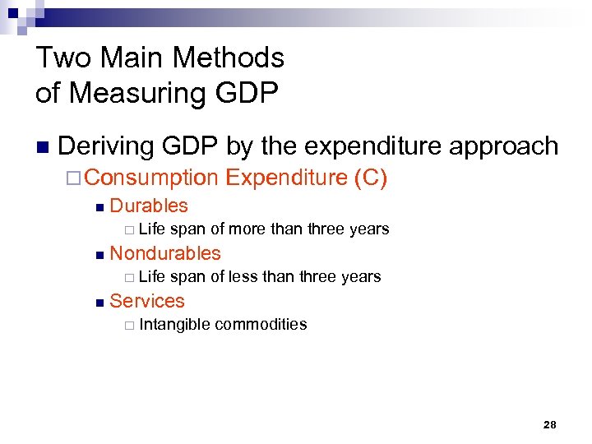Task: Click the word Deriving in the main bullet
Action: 106,146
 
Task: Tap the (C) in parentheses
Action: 370,177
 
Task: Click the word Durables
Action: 149,206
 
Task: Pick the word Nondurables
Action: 165,253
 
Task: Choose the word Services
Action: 147,301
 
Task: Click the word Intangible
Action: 174,324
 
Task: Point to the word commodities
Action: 261,324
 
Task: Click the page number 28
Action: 550,425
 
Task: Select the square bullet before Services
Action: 99,303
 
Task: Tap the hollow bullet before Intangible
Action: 128,325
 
